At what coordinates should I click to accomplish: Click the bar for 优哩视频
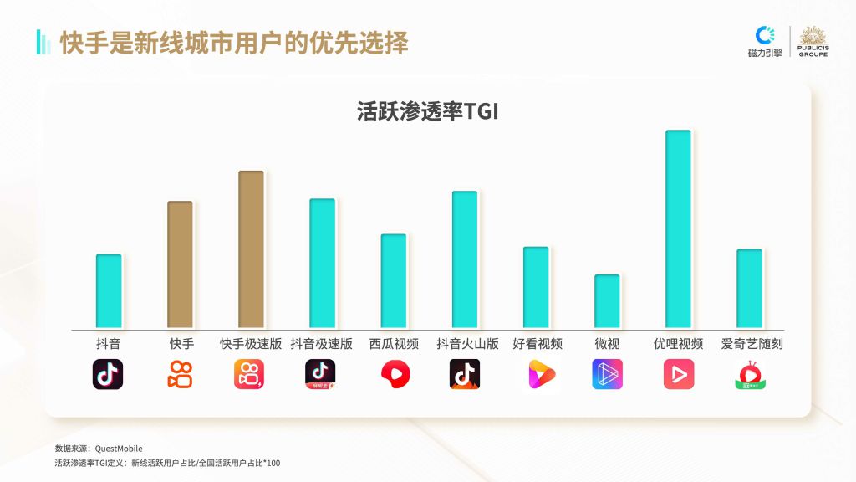pos(678,228)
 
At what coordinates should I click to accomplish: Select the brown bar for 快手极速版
pos(251,249)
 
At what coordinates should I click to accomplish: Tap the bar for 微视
pos(607,300)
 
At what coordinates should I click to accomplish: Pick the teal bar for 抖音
pos(109,290)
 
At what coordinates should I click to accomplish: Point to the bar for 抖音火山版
pos(465,259)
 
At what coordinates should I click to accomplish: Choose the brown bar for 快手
pos(180,264)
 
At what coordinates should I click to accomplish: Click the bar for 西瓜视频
pos(394,280)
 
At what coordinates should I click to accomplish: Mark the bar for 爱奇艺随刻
pos(749,288)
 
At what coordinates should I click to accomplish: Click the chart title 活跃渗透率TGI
pos(427,111)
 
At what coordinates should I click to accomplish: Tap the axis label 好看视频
pos(537,344)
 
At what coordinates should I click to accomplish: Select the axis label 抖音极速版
pos(322,344)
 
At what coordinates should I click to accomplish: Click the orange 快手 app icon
pos(180,374)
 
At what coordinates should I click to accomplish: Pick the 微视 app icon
pos(607,374)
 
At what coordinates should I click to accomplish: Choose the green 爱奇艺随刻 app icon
pos(750,375)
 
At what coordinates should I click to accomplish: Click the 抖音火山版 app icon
pos(465,374)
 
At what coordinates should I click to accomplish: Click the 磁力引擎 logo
pos(765,41)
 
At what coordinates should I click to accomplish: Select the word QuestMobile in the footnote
pos(120,449)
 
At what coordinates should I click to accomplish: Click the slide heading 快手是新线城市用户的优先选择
pos(234,43)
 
